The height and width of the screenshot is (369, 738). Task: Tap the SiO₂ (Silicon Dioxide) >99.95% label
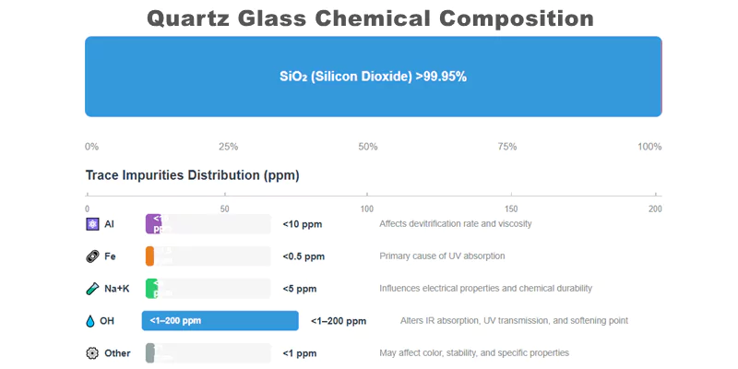373,77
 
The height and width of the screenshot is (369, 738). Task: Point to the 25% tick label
228,147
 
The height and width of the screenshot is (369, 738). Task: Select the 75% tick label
506,147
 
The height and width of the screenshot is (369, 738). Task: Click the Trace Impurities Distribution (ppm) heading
192,175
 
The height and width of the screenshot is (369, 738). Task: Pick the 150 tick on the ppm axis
512,208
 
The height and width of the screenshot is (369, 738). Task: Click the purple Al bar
154,224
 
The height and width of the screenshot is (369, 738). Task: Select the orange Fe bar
149,256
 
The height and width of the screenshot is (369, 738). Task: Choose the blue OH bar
220,320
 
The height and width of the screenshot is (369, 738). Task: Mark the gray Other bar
149,352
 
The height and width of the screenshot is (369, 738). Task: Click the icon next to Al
91,224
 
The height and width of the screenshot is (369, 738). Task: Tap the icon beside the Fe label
91,256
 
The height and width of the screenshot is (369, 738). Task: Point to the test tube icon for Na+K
91,289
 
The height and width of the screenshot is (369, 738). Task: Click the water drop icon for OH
90,321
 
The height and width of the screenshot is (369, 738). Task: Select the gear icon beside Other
91,353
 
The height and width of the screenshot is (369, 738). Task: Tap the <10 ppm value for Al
302,224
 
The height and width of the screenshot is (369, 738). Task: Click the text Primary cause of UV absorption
442,256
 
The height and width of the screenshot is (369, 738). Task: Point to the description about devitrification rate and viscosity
455,224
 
